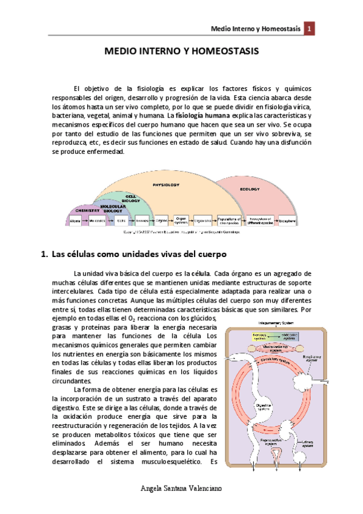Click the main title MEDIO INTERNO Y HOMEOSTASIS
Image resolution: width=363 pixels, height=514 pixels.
(181, 52)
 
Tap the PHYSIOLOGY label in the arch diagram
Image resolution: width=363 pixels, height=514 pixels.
(166, 184)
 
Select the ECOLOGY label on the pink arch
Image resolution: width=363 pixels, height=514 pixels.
(249, 189)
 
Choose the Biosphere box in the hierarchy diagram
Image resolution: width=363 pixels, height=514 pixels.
(287, 222)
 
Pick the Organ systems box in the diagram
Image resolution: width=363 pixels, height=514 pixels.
(181, 221)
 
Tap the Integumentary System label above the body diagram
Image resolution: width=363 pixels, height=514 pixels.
(276, 323)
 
